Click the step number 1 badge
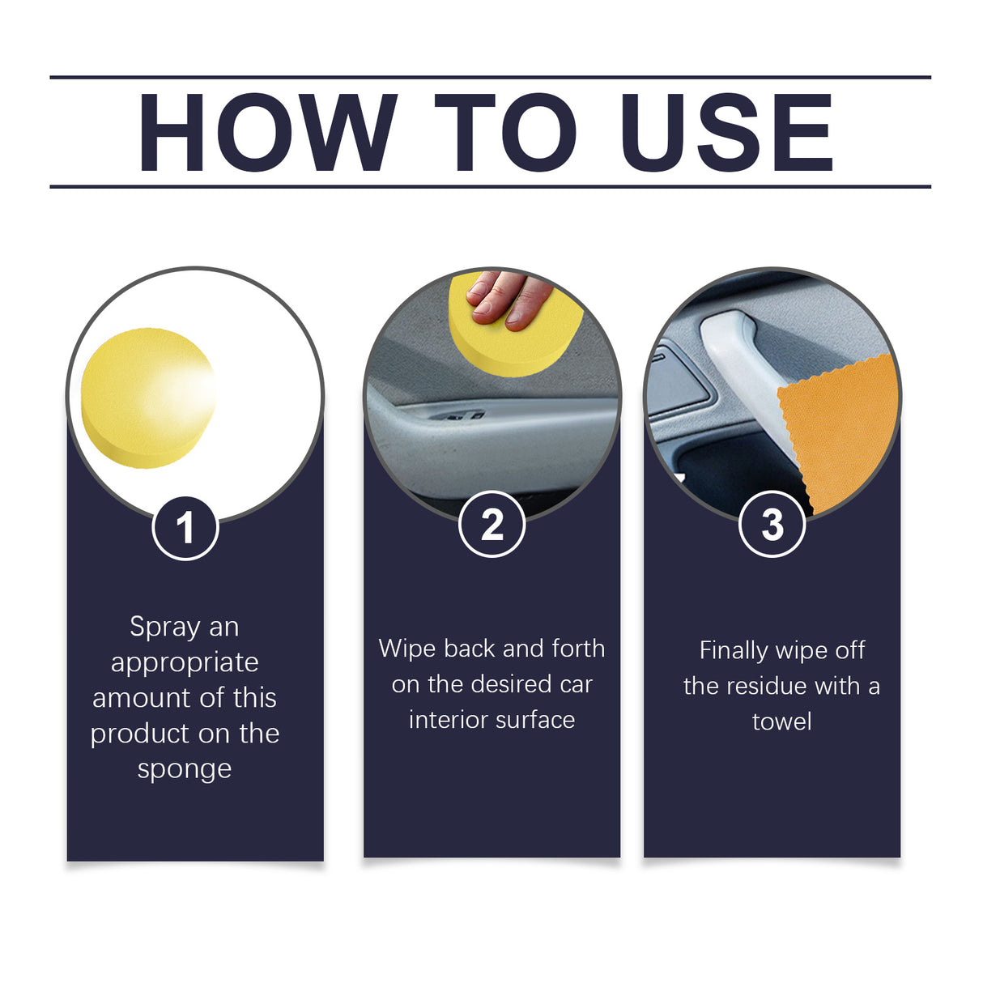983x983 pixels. tap(185, 528)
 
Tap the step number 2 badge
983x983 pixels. tap(492, 525)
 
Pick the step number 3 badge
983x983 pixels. tap(772, 525)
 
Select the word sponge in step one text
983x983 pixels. tap(185, 769)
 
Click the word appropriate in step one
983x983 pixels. tap(185, 663)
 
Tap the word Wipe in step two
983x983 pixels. tap(407, 649)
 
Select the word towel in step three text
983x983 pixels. tap(781, 721)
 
